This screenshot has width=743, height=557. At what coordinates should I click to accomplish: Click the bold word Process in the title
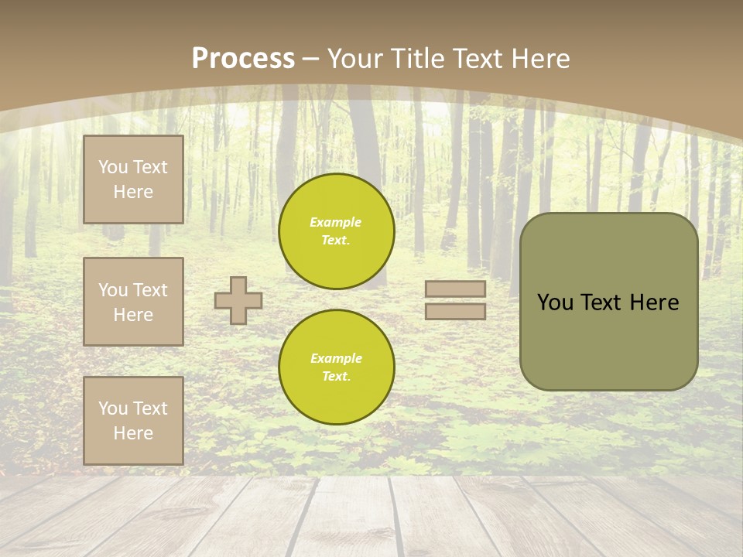pyautogui.click(x=243, y=59)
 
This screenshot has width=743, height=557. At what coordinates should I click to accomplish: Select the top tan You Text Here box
pyautogui.click(x=133, y=179)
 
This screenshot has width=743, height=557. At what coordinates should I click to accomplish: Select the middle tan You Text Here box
pyautogui.click(x=133, y=302)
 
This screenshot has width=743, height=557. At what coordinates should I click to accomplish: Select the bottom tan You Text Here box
pyautogui.click(x=133, y=421)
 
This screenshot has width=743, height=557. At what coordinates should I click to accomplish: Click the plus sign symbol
pyautogui.click(x=238, y=300)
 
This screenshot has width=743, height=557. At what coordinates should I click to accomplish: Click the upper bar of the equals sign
pyautogui.click(x=456, y=289)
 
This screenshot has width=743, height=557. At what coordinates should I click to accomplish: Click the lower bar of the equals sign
pyautogui.click(x=456, y=312)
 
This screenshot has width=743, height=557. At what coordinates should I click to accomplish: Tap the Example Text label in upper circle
pyautogui.click(x=336, y=231)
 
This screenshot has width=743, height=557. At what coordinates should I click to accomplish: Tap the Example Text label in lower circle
pyautogui.click(x=336, y=367)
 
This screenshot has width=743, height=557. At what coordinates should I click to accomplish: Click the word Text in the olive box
pyautogui.click(x=602, y=302)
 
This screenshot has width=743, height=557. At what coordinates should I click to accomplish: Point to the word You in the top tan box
pyautogui.click(x=112, y=167)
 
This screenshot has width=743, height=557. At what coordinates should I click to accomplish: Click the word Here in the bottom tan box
pyautogui.click(x=133, y=433)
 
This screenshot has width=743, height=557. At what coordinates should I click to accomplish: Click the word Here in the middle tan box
pyautogui.click(x=133, y=315)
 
